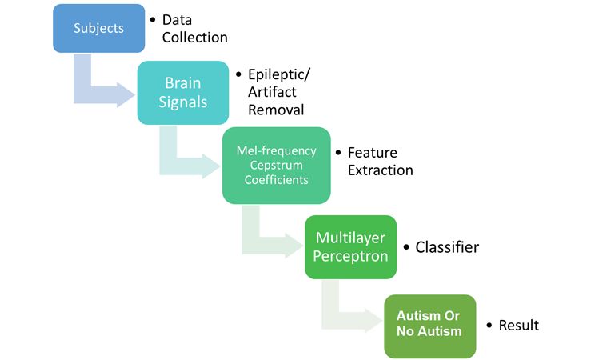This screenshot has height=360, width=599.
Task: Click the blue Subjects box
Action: [x=99, y=28]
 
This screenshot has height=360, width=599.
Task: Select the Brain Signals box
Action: [x=183, y=93]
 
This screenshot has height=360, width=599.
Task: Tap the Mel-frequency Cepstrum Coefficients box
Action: [x=276, y=165]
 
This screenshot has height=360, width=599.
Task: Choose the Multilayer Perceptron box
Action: [x=351, y=247]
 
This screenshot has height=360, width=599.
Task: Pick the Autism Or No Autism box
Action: [x=430, y=326]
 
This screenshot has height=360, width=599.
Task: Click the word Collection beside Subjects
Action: [x=195, y=38]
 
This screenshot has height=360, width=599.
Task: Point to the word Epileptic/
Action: [x=279, y=74]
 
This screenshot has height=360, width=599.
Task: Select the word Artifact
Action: [x=272, y=92]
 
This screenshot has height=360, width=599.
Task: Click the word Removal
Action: [x=276, y=110]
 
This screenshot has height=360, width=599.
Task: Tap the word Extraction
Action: [x=381, y=170]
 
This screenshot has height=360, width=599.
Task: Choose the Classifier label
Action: [x=447, y=247]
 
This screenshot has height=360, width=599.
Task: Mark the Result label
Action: [x=519, y=326]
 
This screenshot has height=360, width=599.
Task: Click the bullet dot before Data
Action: [x=153, y=19]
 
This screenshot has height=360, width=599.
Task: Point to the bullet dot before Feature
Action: [x=338, y=153]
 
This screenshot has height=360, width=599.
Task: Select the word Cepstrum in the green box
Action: [x=276, y=166]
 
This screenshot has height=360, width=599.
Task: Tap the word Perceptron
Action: [x=351, y=256]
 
